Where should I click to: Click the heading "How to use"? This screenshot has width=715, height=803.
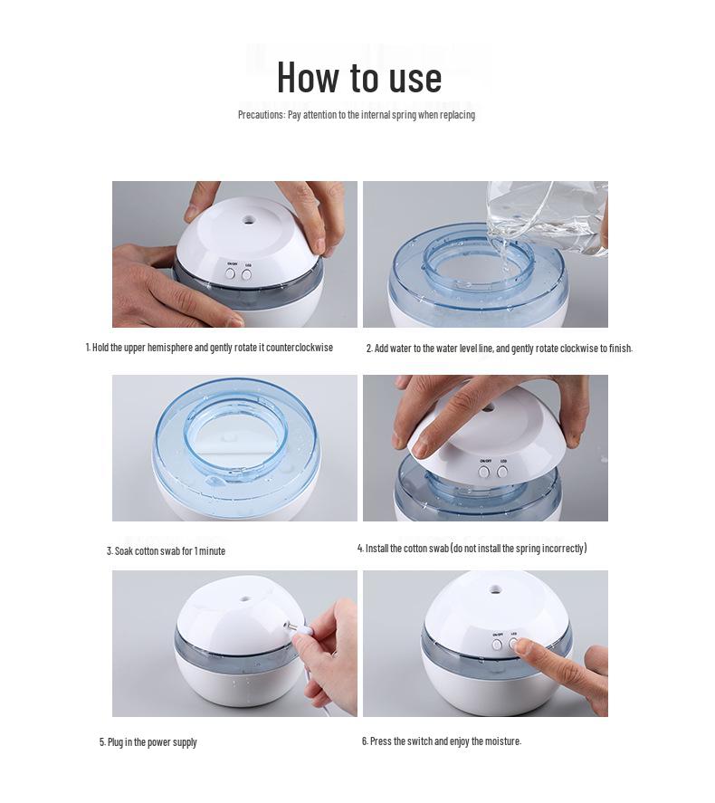(358, 77)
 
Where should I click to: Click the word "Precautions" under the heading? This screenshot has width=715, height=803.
(261, 115)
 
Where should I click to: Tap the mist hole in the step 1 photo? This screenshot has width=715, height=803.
(249, 219)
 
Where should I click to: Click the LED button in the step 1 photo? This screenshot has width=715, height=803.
(247, 274)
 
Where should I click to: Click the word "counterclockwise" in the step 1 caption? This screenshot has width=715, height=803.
(300, 348)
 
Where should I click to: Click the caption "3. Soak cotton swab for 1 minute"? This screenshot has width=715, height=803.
(166, 551)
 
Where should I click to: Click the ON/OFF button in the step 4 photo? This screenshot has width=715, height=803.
(483, 472)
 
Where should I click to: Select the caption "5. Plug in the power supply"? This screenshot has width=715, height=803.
(148, 742)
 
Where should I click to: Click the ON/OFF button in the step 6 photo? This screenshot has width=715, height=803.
(497, 645)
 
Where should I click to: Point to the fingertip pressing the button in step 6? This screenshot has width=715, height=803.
(520, 646)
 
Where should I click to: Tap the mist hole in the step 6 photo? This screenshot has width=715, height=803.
(494, 589)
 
